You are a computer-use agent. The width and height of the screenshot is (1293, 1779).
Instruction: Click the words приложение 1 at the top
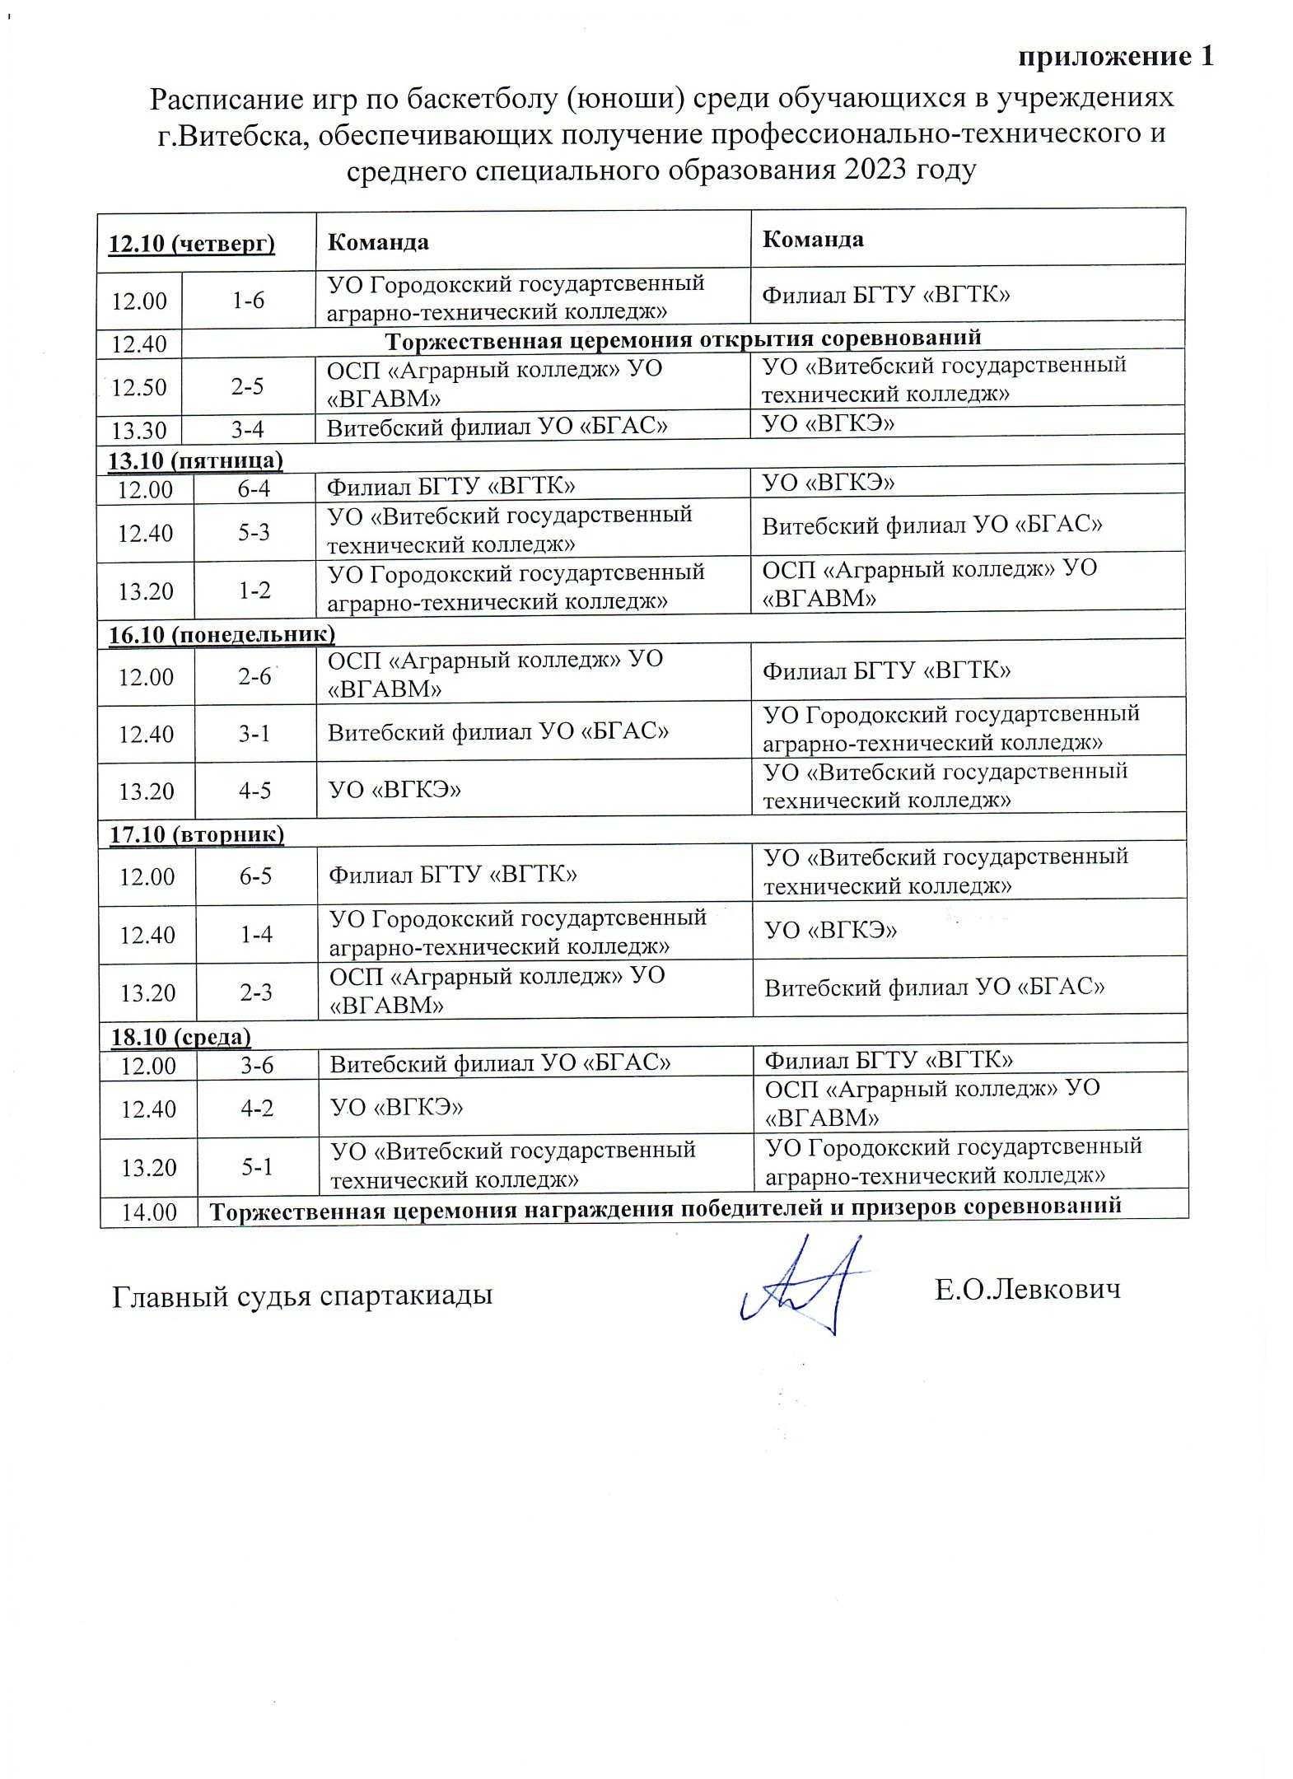(1116, 57)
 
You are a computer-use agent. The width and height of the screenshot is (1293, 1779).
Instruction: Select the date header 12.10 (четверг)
(192, 243)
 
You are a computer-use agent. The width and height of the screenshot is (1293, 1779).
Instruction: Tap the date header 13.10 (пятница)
(196, 460)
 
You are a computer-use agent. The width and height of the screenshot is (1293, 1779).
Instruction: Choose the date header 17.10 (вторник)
(198, 834)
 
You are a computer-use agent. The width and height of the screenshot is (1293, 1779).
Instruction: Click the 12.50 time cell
(139, 386)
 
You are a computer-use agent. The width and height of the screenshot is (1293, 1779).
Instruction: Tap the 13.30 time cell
(139, 430)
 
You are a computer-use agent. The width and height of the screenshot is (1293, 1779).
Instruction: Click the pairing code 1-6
(248, 301)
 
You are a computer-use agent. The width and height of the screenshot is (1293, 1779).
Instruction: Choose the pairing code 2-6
(254, 676)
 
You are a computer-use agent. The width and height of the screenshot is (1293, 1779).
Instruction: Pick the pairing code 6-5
(255, 875)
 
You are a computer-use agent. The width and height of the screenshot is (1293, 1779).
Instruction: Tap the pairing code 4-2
(257, 1108)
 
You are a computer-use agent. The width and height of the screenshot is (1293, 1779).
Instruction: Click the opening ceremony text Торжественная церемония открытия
(683, 339)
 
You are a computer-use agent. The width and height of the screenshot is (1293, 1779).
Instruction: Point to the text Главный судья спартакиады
(302, 1296)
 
